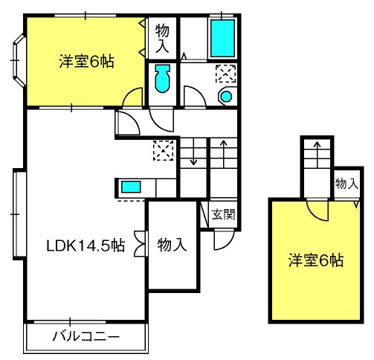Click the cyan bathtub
(x=222, y=39)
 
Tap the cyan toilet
(x=162, y=79)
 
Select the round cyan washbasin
(x=226, y=96)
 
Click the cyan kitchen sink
(x=131, y=187)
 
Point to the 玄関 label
(x=223, y=214)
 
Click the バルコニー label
(x=86, y=337)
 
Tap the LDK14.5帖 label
(x=86, y=245)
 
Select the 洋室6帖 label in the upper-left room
(x=86, y=62)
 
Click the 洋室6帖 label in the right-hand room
(x=316, y=260)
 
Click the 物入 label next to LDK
(x=172, y=245)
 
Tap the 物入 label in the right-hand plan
(x=346, y=184)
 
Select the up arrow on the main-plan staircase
(x=224, y=154)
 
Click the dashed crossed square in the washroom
(x=225, y=74)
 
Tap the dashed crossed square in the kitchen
(x=163, y=150)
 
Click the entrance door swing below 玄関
(x=224, y=240)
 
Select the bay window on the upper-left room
(x=19, y=60)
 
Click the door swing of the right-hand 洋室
(x=317, y=210)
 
